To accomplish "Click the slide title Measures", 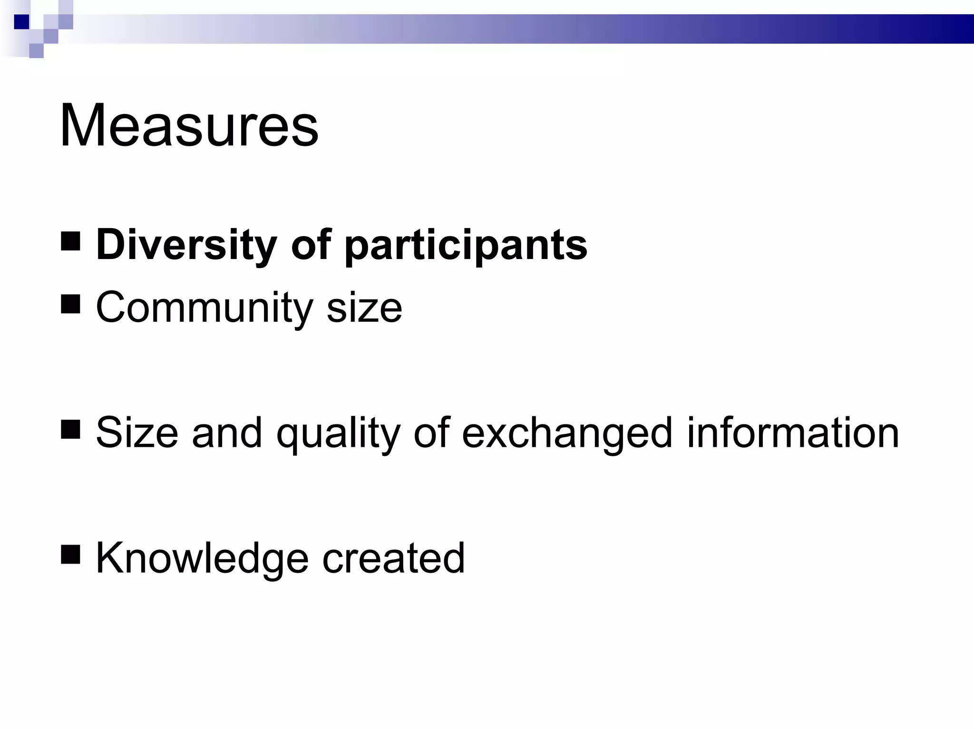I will (x=189, y=126).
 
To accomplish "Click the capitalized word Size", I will (x=137, y=433).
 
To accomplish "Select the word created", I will (x=393, y=558).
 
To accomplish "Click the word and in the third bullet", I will (x=226, y=433).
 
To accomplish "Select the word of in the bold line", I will (x=311, y=245).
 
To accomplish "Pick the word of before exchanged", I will (x=431, y=433).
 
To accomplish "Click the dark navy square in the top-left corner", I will (x=21, y=22).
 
